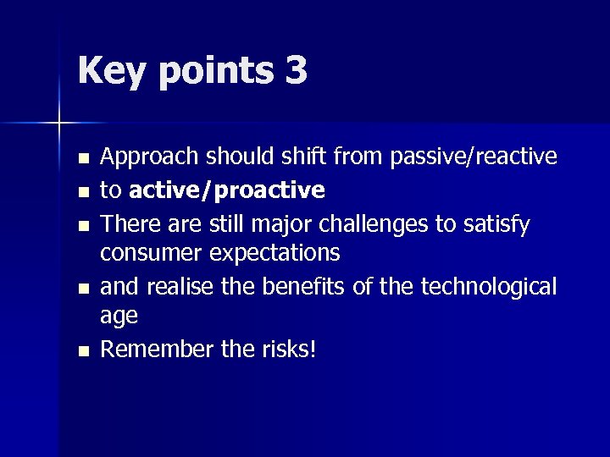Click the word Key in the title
tap(109, 71)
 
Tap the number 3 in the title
tap(297, 71)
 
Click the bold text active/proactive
tap(226, 191)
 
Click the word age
tap(119, 317)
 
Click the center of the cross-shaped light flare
tap(59, 124)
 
